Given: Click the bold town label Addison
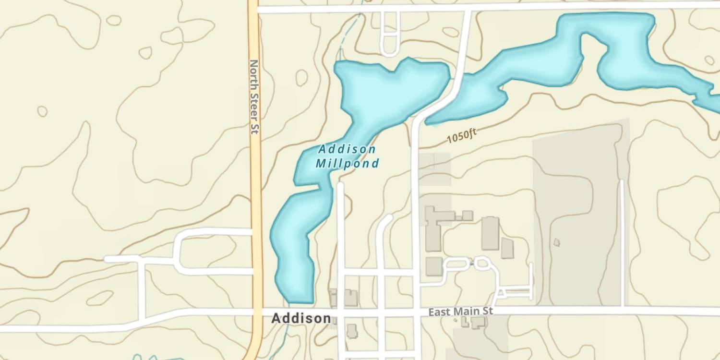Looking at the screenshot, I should click(x=300, y=318).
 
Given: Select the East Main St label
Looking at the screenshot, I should click(x=460, y=312).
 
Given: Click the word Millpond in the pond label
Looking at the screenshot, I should click(x=347, y=163).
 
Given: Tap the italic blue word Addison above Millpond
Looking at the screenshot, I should click(x=347, y=149).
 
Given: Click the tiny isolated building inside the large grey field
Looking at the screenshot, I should click(x=556, y=242).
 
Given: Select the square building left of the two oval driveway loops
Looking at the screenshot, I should click(x=433, y=266).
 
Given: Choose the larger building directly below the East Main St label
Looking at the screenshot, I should click(x=478, y=323).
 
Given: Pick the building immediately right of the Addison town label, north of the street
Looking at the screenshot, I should click(x=351, y=298).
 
